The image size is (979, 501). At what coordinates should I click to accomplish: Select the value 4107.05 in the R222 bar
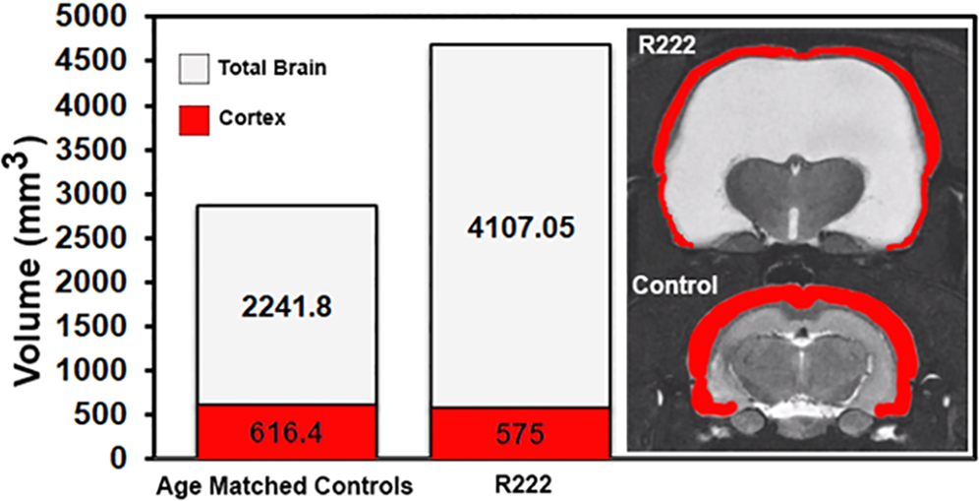520,228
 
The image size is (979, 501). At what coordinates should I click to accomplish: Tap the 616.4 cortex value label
285,434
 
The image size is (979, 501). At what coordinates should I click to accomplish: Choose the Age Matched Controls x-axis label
285,485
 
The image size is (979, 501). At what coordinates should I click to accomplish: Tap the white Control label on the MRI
674,286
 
